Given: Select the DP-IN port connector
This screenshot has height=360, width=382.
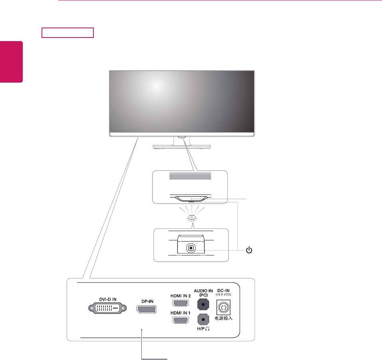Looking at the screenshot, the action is [146, 310].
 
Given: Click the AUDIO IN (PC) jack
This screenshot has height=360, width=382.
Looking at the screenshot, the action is [204, 304].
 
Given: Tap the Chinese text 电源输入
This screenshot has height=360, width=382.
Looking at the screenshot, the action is [224, 319].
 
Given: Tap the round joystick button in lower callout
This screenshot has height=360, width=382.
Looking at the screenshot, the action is [191, 247].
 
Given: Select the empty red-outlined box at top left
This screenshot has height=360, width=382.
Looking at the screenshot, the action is [67, 32].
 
